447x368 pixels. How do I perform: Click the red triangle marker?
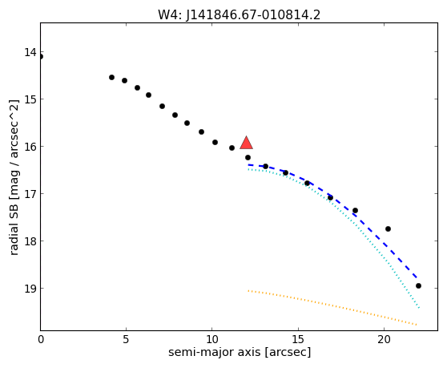246,143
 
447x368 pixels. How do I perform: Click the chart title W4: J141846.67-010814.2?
240,15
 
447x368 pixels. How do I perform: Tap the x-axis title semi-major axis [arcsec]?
240,352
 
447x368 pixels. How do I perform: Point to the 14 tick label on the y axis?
30,52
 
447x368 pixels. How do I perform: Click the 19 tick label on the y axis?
30,289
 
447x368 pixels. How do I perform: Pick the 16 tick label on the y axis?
30,147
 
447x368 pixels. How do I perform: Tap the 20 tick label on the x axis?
384,339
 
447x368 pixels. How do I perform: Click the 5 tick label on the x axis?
126,339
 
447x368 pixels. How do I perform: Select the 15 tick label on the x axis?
298,339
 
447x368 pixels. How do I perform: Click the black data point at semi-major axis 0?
41,56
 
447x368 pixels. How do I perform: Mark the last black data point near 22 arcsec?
418,286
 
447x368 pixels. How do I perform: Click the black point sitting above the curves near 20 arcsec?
388,228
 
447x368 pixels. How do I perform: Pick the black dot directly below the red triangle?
248,157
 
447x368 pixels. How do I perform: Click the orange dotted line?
332,307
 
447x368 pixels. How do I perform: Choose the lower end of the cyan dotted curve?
419,308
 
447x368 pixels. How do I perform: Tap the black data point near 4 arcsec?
112,77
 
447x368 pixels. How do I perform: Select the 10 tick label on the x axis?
212,339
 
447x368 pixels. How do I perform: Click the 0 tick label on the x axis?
41,339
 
